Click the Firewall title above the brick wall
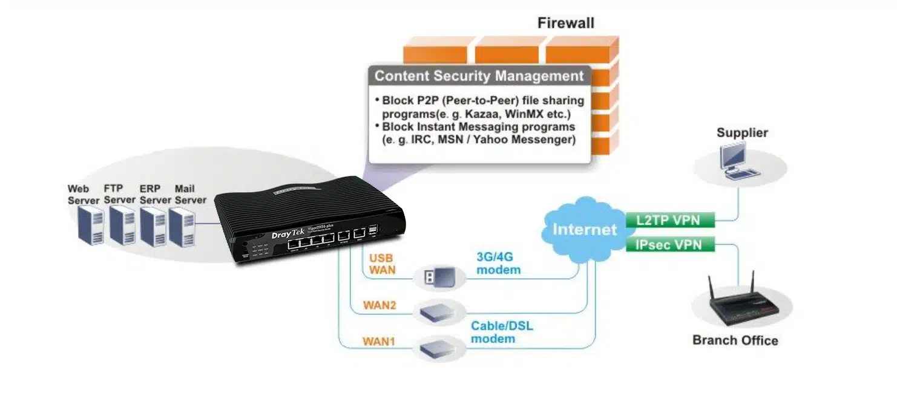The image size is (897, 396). coord(565,24)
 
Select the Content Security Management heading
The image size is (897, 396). coord(479,76)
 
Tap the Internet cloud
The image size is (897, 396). coord(584,229)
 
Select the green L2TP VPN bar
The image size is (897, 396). coord(669,220)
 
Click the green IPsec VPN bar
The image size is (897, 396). coord(669,245)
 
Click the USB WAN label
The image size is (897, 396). coord(382,264)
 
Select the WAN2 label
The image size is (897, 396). coord(379,305)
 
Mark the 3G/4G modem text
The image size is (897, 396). coord(498,264)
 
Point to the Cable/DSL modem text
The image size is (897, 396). coord(502,332)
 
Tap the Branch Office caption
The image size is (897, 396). coord(735,340)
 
